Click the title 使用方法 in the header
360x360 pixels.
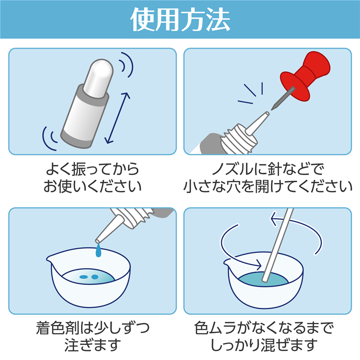180,19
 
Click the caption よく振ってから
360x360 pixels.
92,170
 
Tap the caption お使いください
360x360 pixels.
92,187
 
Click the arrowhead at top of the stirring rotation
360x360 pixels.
273,219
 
